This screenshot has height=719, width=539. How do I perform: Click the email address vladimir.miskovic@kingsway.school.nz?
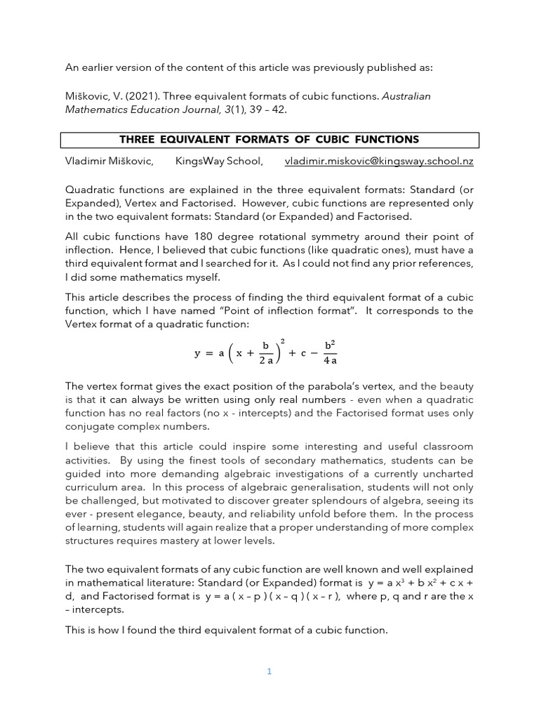[x=379, y=161]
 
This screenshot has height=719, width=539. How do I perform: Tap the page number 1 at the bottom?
[x=269, y=671]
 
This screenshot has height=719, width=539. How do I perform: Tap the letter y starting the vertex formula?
[x=198, y=353]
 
